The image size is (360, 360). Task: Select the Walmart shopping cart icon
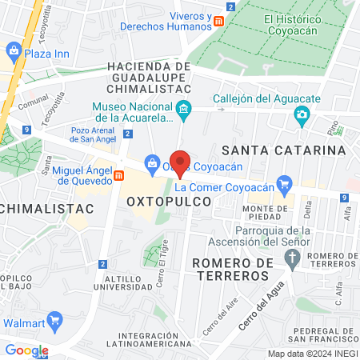pyautogui.click(x=54, y=322)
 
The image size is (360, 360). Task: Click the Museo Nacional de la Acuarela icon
pyautogui.click(x=185, y=109)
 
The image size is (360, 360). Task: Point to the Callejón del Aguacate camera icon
pyautogui.click(x=302, y=115)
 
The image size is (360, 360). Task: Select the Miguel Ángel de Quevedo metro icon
pyautogui.click(x=118, y=176)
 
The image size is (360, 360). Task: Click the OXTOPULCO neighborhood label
pyautogui.click(x=170, y=203)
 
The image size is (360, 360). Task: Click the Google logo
pyautogui.click(x=26, y=350)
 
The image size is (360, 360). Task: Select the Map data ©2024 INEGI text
pyautogui.click(x=311, y=354)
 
